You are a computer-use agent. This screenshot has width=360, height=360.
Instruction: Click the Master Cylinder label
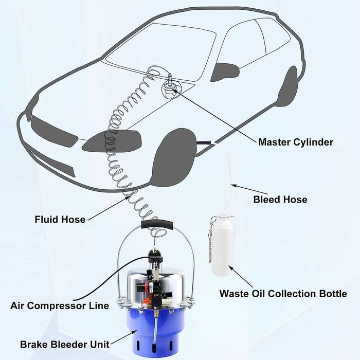tap(295, 141)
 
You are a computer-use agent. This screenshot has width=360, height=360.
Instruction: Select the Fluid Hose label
tap(60, 220)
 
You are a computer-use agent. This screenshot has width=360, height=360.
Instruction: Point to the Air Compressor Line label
tap(60, 305)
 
